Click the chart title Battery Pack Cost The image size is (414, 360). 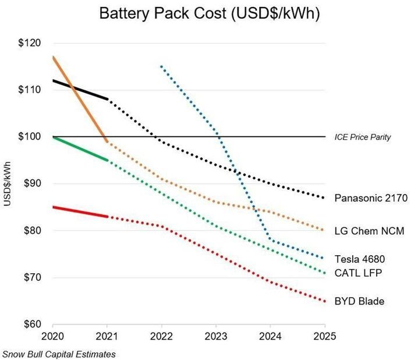[207, 14]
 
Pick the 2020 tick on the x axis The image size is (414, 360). [52, 337]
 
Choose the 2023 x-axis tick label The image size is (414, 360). [215, 337]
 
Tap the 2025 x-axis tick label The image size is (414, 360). [324, 337]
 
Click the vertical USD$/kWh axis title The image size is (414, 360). [8, 183]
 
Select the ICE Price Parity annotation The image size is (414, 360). [362, 137]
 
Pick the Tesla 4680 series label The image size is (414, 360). [359, 259]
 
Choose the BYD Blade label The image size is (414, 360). [359, 301]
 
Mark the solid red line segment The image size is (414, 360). [80, 211]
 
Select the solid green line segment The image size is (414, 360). [80, 149]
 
